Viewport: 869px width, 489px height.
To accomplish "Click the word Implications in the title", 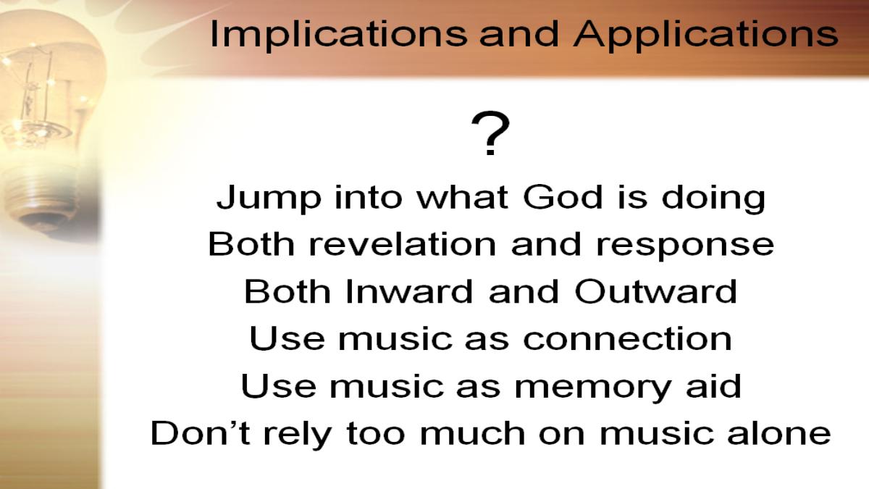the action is point(338,35).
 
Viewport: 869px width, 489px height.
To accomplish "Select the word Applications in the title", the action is point(705,35).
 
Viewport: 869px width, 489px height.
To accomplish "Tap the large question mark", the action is point(490,133).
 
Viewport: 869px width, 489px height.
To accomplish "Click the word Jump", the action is point(269,199).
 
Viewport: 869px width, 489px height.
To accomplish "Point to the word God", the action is point(563,197).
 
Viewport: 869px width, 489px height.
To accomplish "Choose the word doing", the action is point(713,199).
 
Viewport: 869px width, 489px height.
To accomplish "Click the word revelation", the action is point(403,244).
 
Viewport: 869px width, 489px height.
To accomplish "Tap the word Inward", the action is point(408,291).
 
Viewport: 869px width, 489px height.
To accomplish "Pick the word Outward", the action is point(655,291).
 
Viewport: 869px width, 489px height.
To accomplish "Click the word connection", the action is point(627,338).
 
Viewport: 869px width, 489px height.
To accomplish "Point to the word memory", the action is point(592,388).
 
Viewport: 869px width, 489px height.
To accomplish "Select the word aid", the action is point(714,385).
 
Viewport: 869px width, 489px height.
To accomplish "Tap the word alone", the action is point(779,432).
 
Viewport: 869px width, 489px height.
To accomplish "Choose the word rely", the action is point(297,435).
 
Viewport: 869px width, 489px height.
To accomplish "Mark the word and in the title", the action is point(519,35).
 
